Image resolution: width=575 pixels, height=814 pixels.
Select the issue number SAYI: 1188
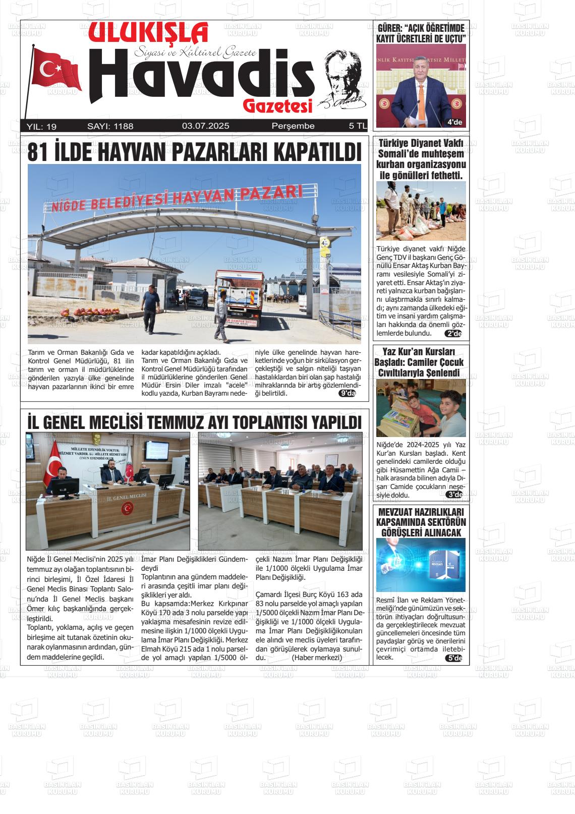pyautogui.click(x=110, y=126)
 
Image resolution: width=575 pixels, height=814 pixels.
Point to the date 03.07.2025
pyautogui.click(x=206, y=126)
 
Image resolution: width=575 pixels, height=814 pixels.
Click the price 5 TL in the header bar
pyautogui.click(x=358, y=126)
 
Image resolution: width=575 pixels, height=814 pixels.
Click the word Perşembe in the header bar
pyautogui.click(x=293, y=126)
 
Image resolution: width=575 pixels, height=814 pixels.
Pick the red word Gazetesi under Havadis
pyautogui.click(x=277, y=105)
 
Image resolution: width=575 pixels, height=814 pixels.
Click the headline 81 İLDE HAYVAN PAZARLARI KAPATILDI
pyautogui.click(x=194, y=152)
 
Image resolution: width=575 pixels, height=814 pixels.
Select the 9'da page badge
pyautogui.click(x=348, y=394)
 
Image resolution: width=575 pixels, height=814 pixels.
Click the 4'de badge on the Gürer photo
pyautogui.click(x=454, y=122)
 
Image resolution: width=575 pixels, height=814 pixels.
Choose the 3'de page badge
pyautogui.click(x=454, y=495)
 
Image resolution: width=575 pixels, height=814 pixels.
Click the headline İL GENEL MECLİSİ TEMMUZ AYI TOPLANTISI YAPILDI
pyautogui.click(x=194, y=422)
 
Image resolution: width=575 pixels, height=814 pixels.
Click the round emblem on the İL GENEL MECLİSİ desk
pyautogui.click(x=126, y=509)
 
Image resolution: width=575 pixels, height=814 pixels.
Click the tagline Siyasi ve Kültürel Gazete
pyautogui.click(x=195, y=52)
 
